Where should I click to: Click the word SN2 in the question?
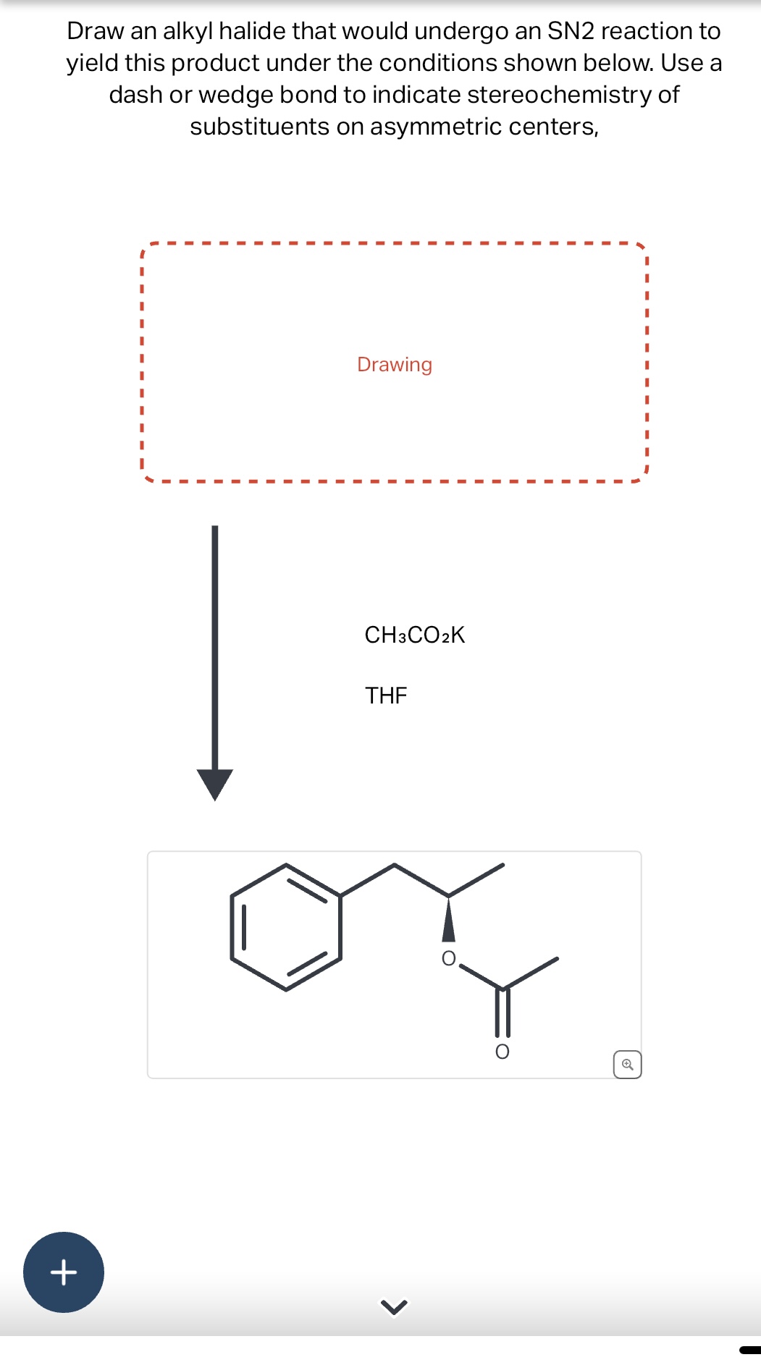(x=571, y=31)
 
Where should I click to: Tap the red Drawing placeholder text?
(x=395, y=364)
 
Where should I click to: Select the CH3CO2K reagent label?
(x=414, y=635)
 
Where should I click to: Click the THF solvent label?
(x=386, y=696)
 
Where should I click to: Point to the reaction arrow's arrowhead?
(x=215, y=784)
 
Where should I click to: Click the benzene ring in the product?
(x=286, y=927)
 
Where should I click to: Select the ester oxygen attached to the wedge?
(x=449, y=958)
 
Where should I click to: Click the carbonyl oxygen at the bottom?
(x=502, y=1052)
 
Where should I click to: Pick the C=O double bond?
(x=503, y=1013)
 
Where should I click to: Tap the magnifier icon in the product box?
(x=627, y=1065)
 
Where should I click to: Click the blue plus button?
(x=64, y=1272)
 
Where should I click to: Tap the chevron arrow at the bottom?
(x=394, y=1306)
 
